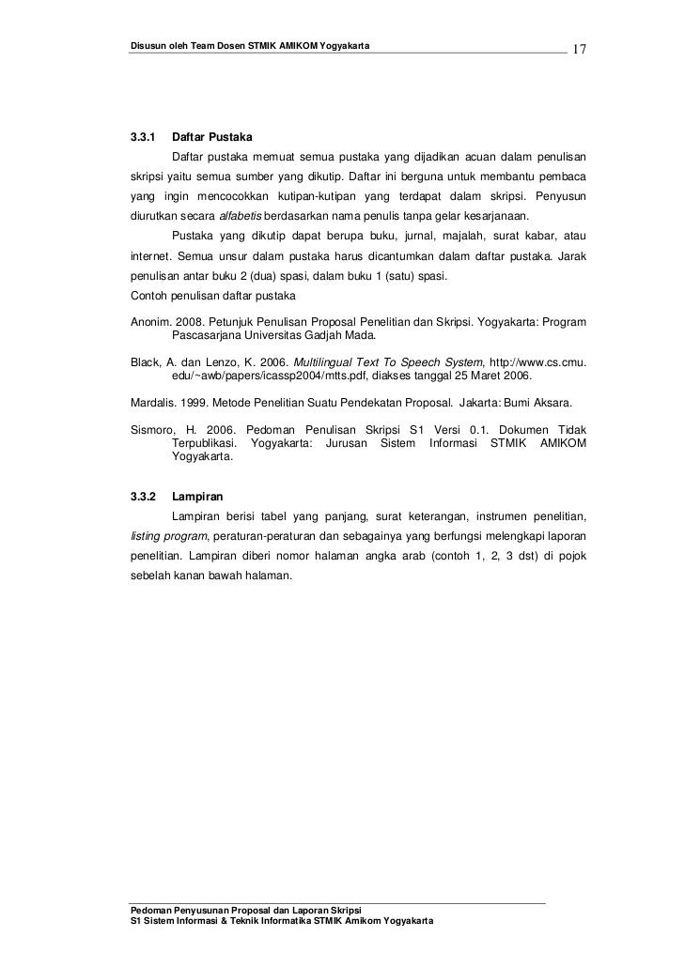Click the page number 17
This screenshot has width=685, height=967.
579,48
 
